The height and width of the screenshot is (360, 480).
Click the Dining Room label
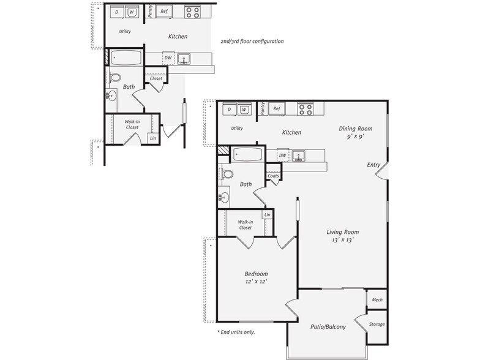(x=356, y=129)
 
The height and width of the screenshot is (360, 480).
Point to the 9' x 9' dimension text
(x=356, y=137)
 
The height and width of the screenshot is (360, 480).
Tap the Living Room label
(x=342, y=232)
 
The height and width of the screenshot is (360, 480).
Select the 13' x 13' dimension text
(x=342, y=240)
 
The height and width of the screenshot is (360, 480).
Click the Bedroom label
(x=256, y=274)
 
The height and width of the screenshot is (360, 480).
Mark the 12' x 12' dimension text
(x=256, y=282)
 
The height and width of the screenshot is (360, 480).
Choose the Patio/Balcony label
(x=328, y=326)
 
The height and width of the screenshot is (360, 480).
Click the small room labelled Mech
(x=377, y=300)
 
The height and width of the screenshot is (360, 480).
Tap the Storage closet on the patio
(x=377, y=324)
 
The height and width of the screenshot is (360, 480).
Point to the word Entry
(x=373, y=165)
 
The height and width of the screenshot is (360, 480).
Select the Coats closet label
(x=274, y=176)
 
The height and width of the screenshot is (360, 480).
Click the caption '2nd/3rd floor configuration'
(x=252, y=42)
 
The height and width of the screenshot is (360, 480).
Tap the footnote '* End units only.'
(x=236, y=332)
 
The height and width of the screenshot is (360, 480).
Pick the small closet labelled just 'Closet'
(x=156, y=78)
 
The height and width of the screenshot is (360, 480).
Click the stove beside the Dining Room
(x=305, y=109)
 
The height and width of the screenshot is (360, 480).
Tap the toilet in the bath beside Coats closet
(x=228, y=174)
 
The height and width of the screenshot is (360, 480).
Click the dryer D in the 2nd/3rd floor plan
(x=116, y=12)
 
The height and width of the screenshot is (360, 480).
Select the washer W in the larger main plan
(x=244, y=109)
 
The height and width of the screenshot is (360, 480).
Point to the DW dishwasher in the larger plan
(x=282, y=156)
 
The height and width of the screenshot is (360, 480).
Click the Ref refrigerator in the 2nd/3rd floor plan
(x=163, y=11)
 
